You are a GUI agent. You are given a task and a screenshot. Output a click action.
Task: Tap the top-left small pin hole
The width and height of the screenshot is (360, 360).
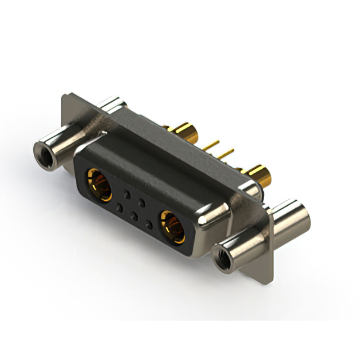[128, 193]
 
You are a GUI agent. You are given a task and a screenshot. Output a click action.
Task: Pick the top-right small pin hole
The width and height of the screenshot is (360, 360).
[142, 201]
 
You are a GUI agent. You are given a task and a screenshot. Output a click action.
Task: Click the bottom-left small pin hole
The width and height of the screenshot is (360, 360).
[119, 208]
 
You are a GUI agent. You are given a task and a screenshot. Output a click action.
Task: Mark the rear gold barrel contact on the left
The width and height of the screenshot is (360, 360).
[186, 133]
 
